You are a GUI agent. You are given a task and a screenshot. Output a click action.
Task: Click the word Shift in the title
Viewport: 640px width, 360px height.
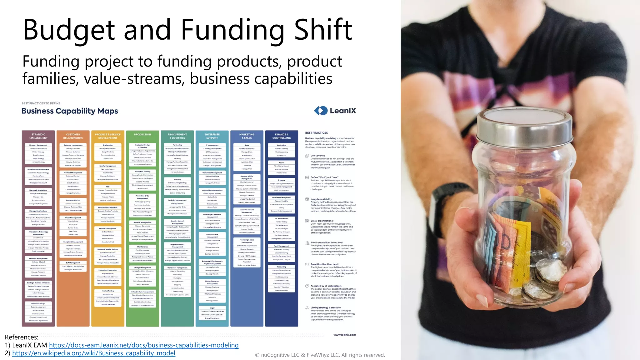323,30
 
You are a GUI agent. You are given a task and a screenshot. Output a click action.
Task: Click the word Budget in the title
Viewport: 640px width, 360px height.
69,30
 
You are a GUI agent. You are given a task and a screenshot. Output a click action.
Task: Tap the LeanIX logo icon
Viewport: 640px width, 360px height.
320,111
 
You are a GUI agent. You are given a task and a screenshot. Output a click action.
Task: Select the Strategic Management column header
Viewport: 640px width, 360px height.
38,136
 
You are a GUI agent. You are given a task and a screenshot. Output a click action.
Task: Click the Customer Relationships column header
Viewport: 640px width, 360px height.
73,136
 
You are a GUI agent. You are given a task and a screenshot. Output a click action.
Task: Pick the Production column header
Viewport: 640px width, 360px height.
142,135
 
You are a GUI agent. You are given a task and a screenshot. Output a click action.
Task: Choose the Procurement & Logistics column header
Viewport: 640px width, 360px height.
177,136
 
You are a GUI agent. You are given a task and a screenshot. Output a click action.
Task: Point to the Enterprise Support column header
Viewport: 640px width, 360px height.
212,136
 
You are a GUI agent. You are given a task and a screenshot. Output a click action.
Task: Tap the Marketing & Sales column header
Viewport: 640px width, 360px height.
247,136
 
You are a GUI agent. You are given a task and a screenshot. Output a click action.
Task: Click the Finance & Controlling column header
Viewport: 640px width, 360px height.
282,136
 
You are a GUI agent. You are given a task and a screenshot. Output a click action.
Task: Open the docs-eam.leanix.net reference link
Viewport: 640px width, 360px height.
144,345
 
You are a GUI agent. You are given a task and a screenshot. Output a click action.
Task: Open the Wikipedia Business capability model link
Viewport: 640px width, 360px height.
94,353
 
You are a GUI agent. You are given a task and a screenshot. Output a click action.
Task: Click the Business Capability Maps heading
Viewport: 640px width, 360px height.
70,111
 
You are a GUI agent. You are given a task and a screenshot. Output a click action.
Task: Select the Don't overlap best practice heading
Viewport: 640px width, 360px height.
318,156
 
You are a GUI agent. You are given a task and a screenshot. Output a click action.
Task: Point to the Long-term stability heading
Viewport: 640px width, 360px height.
321,199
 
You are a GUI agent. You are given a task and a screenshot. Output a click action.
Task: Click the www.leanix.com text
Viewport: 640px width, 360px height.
344,335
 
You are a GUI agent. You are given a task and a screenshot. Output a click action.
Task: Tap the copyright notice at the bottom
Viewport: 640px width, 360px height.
320,355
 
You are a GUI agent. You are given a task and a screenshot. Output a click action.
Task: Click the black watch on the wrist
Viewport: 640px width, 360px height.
444,200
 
